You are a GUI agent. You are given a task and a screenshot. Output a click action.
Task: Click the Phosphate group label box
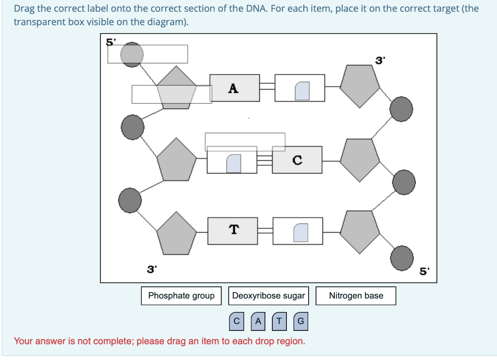[181, 296]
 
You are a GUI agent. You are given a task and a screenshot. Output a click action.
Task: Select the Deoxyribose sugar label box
[268, 296]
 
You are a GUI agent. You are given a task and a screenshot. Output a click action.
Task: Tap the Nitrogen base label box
[356, 296]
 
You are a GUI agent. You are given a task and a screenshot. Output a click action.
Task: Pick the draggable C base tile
[236, 321]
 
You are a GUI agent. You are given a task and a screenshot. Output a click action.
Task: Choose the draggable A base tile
[258, 321]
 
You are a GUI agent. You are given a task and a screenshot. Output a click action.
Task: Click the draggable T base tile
[279, 321]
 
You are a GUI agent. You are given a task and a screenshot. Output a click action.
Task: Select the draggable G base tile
[300, 321]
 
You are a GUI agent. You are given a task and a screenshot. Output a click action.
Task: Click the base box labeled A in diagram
[234, 88]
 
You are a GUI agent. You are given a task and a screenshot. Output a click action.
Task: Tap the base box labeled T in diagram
[233, 230]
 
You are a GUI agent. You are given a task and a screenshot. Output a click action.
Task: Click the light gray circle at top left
[132, 53]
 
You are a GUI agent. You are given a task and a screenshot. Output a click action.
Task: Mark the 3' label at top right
[380, 61]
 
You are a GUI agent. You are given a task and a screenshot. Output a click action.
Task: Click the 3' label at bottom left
[152, 269]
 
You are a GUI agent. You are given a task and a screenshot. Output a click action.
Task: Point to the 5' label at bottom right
[424, 272]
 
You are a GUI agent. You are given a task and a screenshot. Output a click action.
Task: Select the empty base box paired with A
[300, 88]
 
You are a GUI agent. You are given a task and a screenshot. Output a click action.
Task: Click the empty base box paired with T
[298, 230]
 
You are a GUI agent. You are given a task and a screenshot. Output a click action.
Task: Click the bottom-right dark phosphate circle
[402, 256]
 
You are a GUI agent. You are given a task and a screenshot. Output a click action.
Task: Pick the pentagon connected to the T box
[177, 234]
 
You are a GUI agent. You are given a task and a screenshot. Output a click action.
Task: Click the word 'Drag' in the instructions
[24, 9]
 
